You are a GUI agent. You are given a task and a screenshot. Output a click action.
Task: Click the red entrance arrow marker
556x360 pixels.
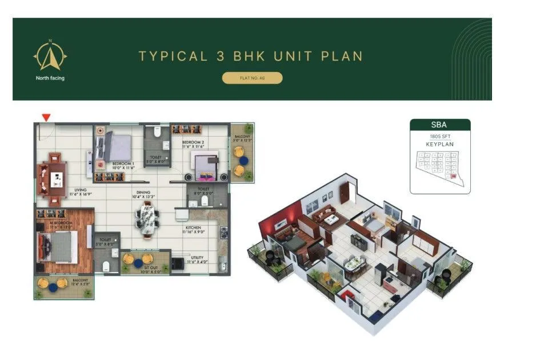(46, 117)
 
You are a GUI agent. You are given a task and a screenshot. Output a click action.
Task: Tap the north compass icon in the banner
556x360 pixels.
(50, 56)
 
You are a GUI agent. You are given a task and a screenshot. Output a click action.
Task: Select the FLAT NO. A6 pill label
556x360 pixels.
(252, 78)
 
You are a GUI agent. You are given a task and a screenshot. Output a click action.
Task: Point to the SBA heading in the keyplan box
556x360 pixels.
(440, 125)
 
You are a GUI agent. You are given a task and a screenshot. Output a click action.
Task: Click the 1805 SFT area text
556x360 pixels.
(439, 137)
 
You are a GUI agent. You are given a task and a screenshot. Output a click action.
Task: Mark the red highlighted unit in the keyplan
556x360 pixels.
(453, 177)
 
